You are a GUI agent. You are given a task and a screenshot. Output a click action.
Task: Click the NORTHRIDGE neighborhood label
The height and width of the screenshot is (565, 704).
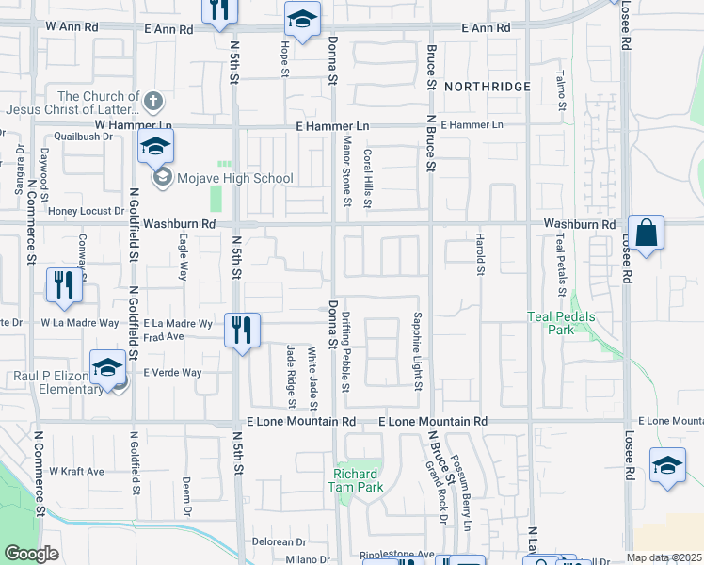[487, 87]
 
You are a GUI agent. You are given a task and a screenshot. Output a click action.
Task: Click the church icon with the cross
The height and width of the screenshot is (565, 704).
[154, 99]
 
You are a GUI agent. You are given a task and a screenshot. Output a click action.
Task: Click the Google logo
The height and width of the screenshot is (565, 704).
[31, 554]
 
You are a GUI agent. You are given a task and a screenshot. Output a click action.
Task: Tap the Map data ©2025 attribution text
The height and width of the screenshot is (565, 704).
[664, 557]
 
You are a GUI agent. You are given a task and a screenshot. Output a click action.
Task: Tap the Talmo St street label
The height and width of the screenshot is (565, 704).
[559, 88]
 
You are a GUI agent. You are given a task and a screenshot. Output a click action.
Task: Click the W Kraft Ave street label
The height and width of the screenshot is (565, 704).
[77, 471]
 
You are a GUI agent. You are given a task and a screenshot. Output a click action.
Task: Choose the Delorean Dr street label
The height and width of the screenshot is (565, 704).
[280, 542]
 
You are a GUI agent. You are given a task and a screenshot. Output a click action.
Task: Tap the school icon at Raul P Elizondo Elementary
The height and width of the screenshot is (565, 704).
[107, 367]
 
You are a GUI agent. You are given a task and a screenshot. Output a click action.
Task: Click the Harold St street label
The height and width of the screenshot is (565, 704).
[479, 253]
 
